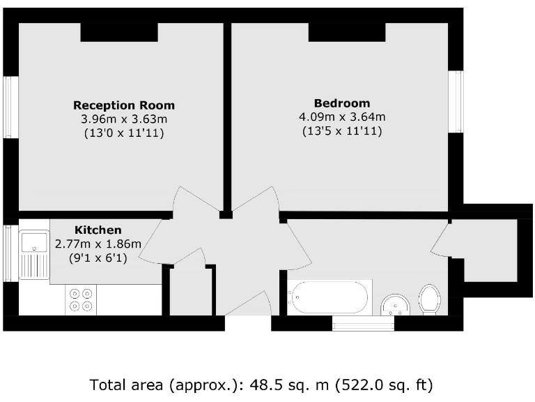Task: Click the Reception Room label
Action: tap(124, 105)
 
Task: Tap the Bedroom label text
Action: tap(341, 103)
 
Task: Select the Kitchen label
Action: tap(98, 230)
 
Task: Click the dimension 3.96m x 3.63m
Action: tap(124, 119)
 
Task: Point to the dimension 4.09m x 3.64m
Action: tap(341, 117)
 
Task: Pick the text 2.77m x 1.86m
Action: tap(98, 244)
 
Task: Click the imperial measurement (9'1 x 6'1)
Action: tap(98, 257)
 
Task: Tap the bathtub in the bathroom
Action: tap(329, 298)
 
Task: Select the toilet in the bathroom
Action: tap(431, 299)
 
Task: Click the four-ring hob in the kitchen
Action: tap(80, 299)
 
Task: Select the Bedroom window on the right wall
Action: tap(456, 101)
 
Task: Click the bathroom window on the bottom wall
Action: tap(364, 324)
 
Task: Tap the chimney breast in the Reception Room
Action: tap(118, 32)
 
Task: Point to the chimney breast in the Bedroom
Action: tap(347, 32)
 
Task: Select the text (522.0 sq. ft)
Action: tap(383, 385)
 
